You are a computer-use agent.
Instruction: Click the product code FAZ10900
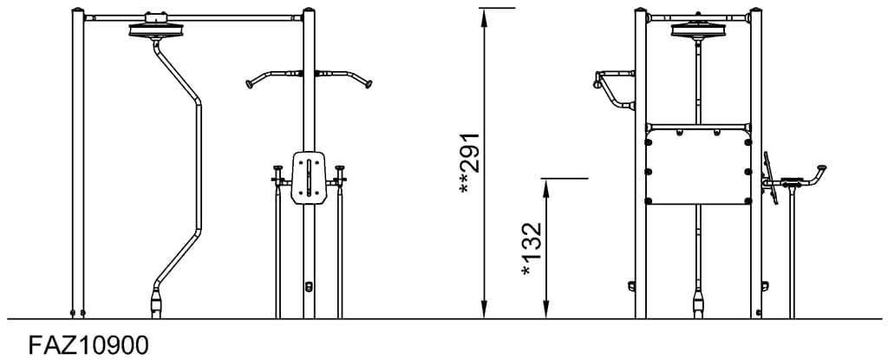tap(89, 344)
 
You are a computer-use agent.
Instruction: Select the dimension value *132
tap(532, 249)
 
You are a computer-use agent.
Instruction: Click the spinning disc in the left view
tap(155, 29)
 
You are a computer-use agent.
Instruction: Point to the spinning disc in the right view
tap(698, 29)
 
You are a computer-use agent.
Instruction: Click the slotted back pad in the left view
tap(309, 178)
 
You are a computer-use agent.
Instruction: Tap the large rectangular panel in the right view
tap(698, 170)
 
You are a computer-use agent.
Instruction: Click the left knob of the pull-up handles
tap(249, 84)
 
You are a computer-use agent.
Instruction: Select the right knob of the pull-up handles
tap(369, 84)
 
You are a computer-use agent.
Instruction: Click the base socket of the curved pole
tap(156, 304)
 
